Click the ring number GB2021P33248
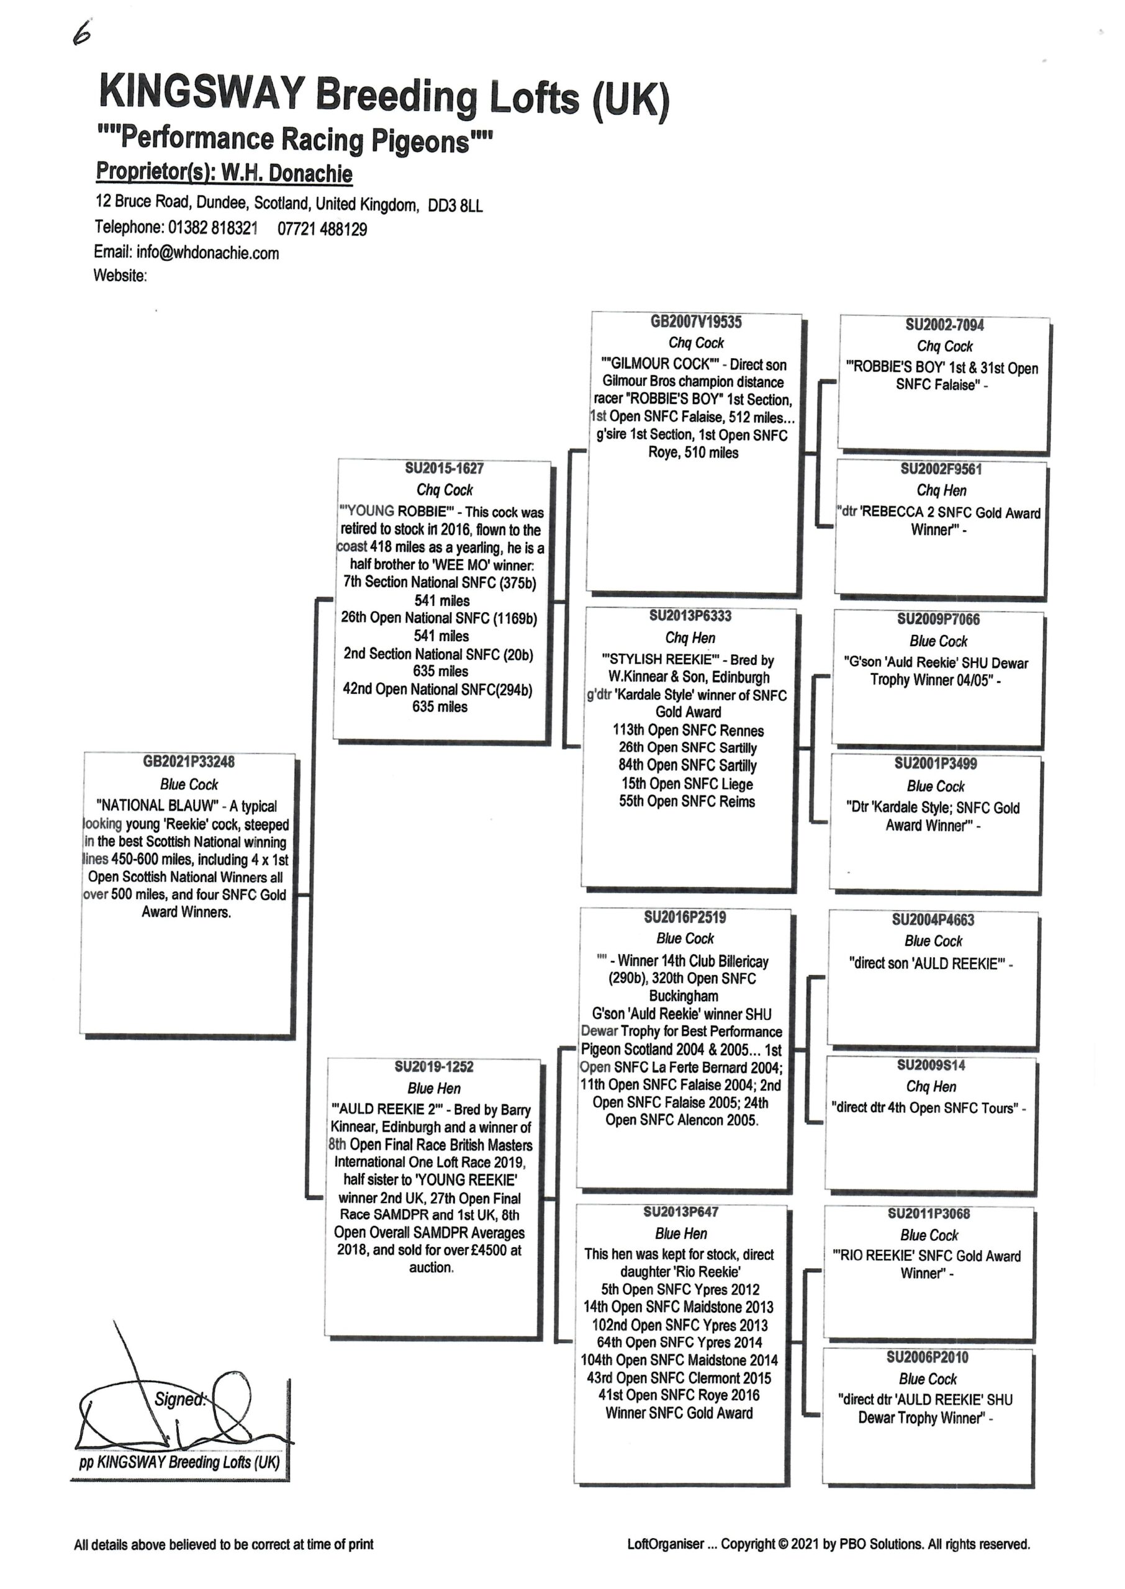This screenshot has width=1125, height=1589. [188, 762]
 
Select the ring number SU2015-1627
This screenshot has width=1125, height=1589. [444, 468]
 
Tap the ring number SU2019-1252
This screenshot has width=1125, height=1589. [433, 1066]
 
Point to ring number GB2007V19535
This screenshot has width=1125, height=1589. [695, 322]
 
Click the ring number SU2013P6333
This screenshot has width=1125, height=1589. [690, 616]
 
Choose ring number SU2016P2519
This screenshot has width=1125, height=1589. [685, 917]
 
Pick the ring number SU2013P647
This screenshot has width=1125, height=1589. [681, 1212]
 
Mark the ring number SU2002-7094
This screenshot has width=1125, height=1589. [944, 325]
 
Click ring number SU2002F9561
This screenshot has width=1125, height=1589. [941, 469]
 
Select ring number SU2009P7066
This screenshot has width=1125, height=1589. [938, 619]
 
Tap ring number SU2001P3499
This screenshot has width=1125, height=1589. [936, 763]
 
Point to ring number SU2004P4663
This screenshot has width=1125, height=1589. [933, 919]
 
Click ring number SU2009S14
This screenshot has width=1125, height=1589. [931, 1065]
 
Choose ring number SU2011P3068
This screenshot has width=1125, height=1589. [929, 1213]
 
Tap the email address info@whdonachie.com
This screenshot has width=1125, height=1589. [208, 253]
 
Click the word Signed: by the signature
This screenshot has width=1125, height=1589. [181, 1400]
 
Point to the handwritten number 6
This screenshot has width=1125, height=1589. [83, 34]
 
